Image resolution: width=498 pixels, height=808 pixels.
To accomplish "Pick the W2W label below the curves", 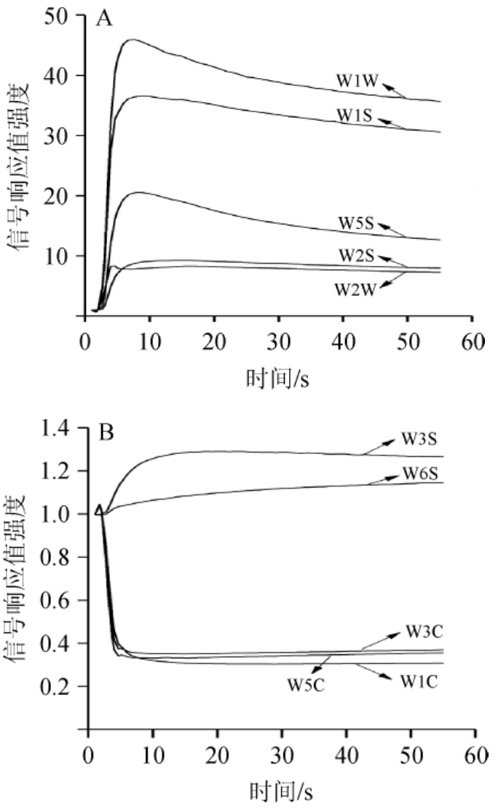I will pyautogui.click(x=355, y=289).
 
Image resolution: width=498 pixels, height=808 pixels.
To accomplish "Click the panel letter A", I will pyautogui.click(x=105, y=20).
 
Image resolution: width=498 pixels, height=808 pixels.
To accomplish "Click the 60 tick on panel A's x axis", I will pyautogui.click(x=472, y=343).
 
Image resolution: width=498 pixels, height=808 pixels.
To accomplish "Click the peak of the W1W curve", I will pyautogui.click(x=133, y=39).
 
